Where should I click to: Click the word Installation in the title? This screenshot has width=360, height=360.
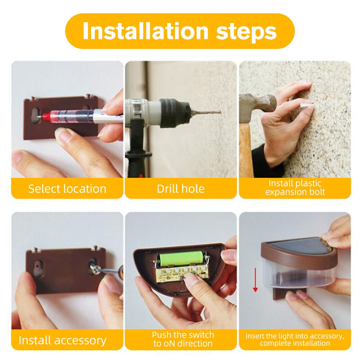145,31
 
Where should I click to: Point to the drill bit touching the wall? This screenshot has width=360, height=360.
206,112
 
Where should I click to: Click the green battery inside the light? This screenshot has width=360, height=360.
180,258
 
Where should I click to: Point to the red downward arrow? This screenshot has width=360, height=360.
255,280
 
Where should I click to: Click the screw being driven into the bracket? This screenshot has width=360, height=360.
94,268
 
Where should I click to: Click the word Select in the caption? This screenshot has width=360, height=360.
45,189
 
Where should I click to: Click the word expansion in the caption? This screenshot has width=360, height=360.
286,192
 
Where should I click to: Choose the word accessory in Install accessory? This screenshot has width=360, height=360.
80,340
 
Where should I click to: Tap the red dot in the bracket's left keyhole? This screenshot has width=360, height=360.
37,266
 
